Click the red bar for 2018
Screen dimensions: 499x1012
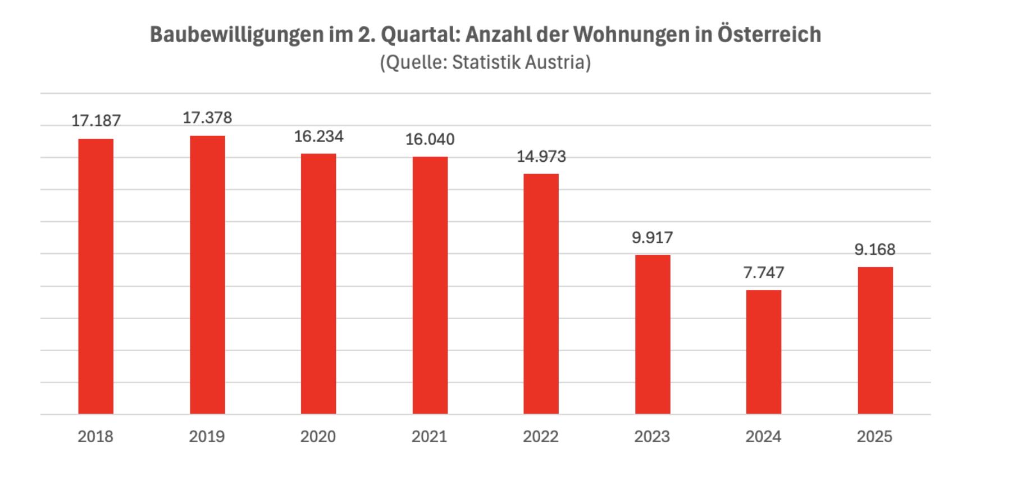(x=95, y=276)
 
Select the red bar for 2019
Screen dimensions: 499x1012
(x=207, y=275)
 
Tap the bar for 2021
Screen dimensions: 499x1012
(x=430, y=285)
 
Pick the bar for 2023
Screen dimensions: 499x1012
(x=653, y=334)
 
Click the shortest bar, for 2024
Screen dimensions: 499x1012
(x=763, y=352)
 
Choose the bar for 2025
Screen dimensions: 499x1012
(x=875, y=340)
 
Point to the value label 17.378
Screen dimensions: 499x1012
(x=207, y=117)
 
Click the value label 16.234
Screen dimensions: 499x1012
(x=318, y=137)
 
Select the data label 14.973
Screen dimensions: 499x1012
(x=541, y=156)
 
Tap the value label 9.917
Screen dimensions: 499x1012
(x=652, y=238)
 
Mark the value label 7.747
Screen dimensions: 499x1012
(x=763, y=273)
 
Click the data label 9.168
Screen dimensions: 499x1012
(x=874, y=249)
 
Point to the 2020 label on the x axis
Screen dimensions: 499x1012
(x=318, y=437)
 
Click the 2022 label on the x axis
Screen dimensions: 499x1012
(x=541, y=437)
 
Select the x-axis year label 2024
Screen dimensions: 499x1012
(x=763, y=437)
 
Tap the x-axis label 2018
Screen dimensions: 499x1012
(x=95, y=437)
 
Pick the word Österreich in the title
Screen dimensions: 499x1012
(x=769, y=34)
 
